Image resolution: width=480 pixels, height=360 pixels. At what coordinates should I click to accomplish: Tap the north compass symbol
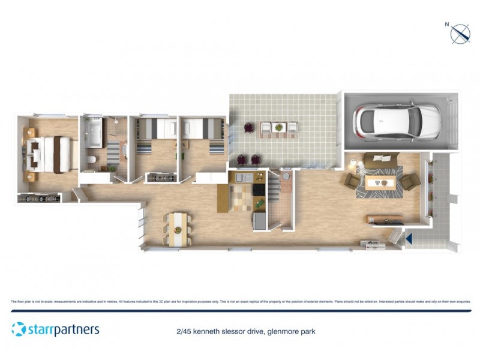click(x=460, y=34)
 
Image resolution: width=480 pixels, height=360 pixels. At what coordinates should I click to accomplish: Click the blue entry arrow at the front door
click(x=409, y=238)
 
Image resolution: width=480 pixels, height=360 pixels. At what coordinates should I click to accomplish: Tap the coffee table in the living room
click(x=381, y=183)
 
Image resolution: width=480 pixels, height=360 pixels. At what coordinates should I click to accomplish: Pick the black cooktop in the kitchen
click(x=259, y=190)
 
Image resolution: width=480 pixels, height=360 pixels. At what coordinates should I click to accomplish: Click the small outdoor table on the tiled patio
click(x=278, y=127)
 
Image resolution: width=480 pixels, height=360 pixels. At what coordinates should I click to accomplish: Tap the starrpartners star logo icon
click(x=19, y=329)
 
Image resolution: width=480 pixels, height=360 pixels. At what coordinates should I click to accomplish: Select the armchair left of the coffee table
click(x=352, y=182)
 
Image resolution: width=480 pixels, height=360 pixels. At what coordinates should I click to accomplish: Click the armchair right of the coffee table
click(x=410, y=182)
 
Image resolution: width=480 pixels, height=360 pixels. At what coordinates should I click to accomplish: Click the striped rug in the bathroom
click(x=112, y=152)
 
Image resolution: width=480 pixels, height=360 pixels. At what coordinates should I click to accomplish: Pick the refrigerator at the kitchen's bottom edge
click(x=260, y=220)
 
